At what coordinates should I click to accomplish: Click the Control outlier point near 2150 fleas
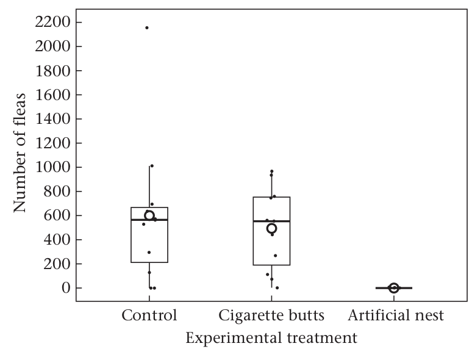pyautogui.click(x=147, y=27)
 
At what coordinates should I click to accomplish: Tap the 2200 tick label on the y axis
pyautogui.click(x=52, y=22)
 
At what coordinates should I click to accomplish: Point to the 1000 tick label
pyautogui.click(x=53, y=167)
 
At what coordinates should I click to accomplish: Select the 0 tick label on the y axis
pyautogui.click(x=66, y=288)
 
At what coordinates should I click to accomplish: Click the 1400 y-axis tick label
pyautogui.click(x=53, y=119)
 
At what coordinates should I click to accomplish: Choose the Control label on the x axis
pyautogui.click(x=149, y=315)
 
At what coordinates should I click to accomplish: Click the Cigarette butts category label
pyautogui.click(x=271, y=315)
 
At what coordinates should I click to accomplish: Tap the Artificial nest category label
pyautogui.click(x=396, y=315)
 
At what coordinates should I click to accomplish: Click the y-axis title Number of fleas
pyautogui.click(x=20, y=153)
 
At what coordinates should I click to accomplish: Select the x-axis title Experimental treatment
pyautogui.click(x=271, y=337)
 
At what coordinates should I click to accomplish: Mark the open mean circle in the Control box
pyautogui.click(x=149, y=215)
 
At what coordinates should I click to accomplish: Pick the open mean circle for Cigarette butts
pyautogui.click(x=271, y=228)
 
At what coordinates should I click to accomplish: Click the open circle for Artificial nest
pyautogui.click(x=394, y=288)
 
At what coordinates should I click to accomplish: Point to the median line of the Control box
pyautogui.click(x=149, y=220)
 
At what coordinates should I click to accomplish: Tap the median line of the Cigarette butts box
pyautogui.click(x=271, y=221)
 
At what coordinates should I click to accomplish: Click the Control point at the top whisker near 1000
pyautogui.click(x=152, y=166)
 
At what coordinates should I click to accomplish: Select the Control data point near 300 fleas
pyautogui.click(x=149, y=252)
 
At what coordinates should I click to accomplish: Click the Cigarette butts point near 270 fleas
pyautogui.click(x=275, y=256)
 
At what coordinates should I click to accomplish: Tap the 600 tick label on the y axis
pyautogui.click(x=57, y=215)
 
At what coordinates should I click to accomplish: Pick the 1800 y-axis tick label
pyautogui.click(x=53, y=71)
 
